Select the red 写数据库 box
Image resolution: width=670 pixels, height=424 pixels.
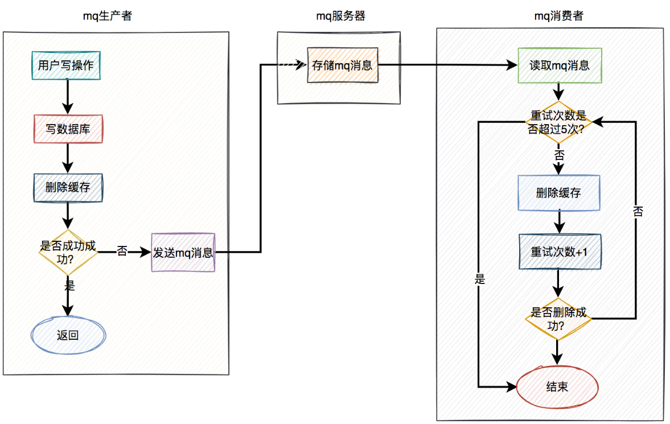(68, 129)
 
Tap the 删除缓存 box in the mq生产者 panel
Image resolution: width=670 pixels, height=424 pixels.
(68, 187)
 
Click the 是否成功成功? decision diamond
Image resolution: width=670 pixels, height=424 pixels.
(68, 252)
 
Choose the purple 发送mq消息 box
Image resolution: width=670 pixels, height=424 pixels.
(183, 252)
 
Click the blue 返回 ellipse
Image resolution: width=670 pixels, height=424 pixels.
(68, 335)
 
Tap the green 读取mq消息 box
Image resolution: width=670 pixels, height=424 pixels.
(559, 65)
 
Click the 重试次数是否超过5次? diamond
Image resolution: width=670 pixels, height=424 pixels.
(558, 122)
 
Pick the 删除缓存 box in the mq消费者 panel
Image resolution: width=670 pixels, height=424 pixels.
(558, 192)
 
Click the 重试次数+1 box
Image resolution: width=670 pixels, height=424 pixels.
(558, 252)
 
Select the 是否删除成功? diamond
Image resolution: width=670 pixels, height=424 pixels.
(558, 319)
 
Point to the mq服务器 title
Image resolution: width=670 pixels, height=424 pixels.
(340, 16)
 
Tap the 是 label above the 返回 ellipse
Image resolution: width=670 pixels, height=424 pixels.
(69, 286)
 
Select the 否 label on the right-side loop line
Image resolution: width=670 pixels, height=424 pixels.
(638, 212)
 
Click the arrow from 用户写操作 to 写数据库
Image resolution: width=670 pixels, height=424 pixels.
(68, 96)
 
